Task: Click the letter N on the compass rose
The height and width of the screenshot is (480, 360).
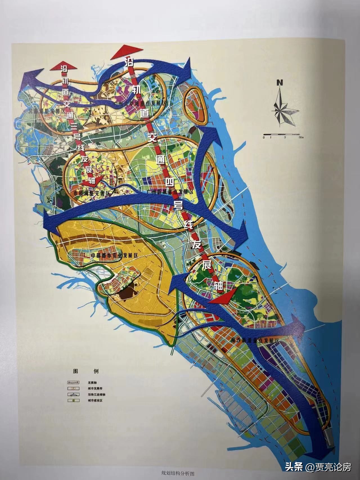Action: [x=279, y=83]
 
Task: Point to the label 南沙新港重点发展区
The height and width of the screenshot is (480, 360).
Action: [x=255, y=340]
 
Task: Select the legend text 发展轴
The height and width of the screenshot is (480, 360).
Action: [x=92, y=383]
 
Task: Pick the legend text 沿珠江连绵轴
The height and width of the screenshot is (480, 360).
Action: [x=95, y=395]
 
